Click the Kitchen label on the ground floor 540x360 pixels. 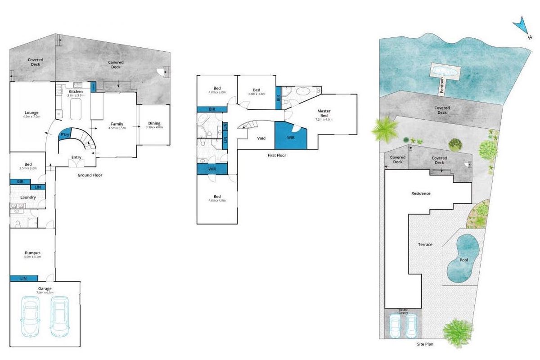tap(76, 92)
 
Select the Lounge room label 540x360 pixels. tap(31, 113)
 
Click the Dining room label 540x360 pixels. tap(154, 124)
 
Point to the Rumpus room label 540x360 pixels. tap(32, 253)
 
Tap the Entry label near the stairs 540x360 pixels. tap(76, 157)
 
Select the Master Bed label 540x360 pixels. tap(324, 113)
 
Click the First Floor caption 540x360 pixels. tap(274, 155)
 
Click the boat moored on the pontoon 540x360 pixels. tap(445, 71)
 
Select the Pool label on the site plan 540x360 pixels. tap(463, 260)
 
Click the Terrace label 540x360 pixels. tap(425, 245)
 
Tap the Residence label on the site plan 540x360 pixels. tap(421, 193)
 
